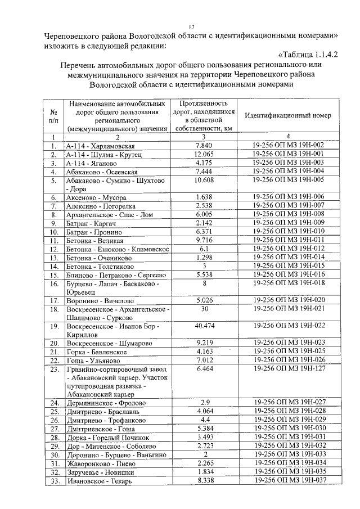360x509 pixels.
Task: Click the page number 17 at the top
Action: pyautogui.click(x=191, y=26)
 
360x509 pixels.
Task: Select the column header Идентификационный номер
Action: pyautogui.click(x=289, y=115)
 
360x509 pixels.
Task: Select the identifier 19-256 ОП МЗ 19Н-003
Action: pyautogui.click(x=289, y=163)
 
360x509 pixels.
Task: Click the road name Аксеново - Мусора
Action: pyautogui.click(x=96, y=197)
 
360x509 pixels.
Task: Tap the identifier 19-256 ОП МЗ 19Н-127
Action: pyautogui.click(x=289, y=368)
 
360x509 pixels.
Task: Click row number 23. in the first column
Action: pyautogui.click(x=55, y=368)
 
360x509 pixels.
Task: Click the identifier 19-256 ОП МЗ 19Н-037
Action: pyautogui.click(x=289, y=481)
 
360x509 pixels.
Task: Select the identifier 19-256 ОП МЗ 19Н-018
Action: pyautogui.click(x=289, y=283)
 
